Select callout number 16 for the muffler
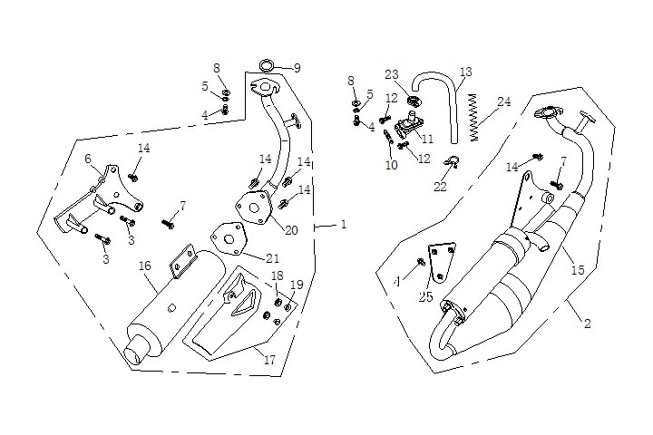[x=144, y=266]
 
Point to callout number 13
[x=465, y=72]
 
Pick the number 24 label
[x=504, y=101]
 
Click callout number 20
[x=291, y=230]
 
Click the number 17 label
[x=268, y=359]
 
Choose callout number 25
[x=426, y=296]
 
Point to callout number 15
[x=577, y=270]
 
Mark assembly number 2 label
[x=587, y=324]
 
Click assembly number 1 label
[x=344, y=224]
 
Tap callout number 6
[x=88, y=159]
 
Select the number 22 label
[x=440, y=187]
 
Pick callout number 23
[x=391, y=74]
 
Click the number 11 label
[x=426, y=139]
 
